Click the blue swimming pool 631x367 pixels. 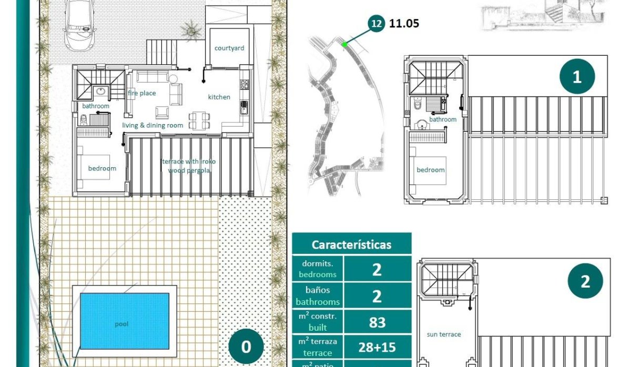click(124, 321)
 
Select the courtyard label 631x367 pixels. click(229, 48)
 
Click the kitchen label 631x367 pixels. click(219, 97)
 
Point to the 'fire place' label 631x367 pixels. click(142, 93)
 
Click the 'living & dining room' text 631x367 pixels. click(152, 125)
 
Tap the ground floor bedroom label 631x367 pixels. click(102, 168)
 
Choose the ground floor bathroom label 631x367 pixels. click(96, 106)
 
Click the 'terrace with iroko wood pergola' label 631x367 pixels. click(189, 166)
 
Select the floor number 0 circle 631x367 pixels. click(246, 346)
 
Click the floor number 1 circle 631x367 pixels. click(577, 77)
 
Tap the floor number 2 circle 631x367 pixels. click(585, 281)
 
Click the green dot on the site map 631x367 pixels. click(344, 45)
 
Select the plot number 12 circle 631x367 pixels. click(376, 23)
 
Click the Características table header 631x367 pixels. click(351, 245)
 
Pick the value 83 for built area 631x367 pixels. click(377, 322)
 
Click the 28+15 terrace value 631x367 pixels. click(377, 348)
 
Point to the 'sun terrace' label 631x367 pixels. click(444, 334)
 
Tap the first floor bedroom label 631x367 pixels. click(431, 170)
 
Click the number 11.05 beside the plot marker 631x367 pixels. click(404, 23)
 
